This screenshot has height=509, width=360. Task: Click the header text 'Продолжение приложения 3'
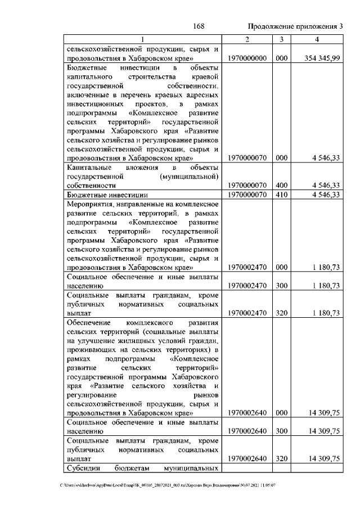[x=295, y=26]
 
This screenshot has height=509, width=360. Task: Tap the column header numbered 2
[x=247, y=39]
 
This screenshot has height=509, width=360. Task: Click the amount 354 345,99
[x=318, y=58]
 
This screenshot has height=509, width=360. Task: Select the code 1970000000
[x=247, y=58]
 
